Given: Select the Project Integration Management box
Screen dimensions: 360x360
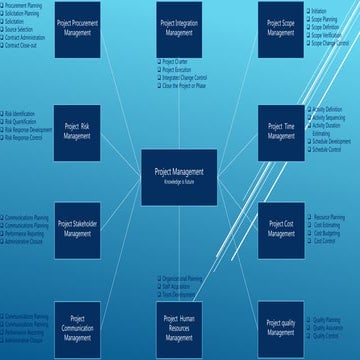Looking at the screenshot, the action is pyautogui.click(x=179, y=28).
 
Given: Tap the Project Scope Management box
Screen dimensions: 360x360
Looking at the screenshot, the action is pyautogui.click(x=281, y=28).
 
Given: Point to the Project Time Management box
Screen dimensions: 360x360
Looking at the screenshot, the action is pyautogui.click(x=281, y=132).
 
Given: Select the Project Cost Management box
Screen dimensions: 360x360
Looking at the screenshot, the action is pyautogui.click(x=281, y=229).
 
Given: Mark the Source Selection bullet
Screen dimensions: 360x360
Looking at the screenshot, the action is pyautogui.click(x=26, y=30).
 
